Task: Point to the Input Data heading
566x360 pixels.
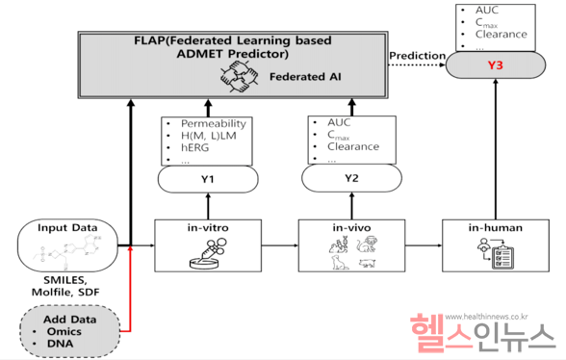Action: click(x=65, y=229)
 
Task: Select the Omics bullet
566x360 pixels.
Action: click(x=64, y=330)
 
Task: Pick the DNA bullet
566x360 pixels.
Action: click(x=60, y=343)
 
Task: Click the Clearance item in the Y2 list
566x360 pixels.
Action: click(x=353, y=147)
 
